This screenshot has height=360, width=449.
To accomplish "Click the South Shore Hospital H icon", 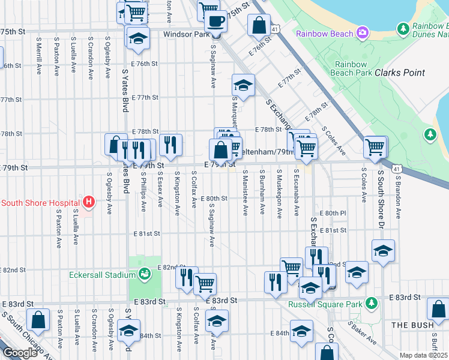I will coord(89,202).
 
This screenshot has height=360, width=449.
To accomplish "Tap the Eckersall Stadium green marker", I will coord(144,275).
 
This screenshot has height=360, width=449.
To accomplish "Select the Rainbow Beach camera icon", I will coord(363,32).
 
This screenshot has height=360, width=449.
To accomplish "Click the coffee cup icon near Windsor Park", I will coord(215,22).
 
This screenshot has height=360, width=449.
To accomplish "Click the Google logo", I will coord(20,352).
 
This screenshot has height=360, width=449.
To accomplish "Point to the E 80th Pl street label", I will coord(334,213).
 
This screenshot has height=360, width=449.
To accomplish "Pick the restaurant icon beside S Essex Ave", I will coord(171,145).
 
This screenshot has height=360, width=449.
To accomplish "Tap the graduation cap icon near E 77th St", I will coord(243,85).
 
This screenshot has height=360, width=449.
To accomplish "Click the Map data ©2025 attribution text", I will coord(423,355).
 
